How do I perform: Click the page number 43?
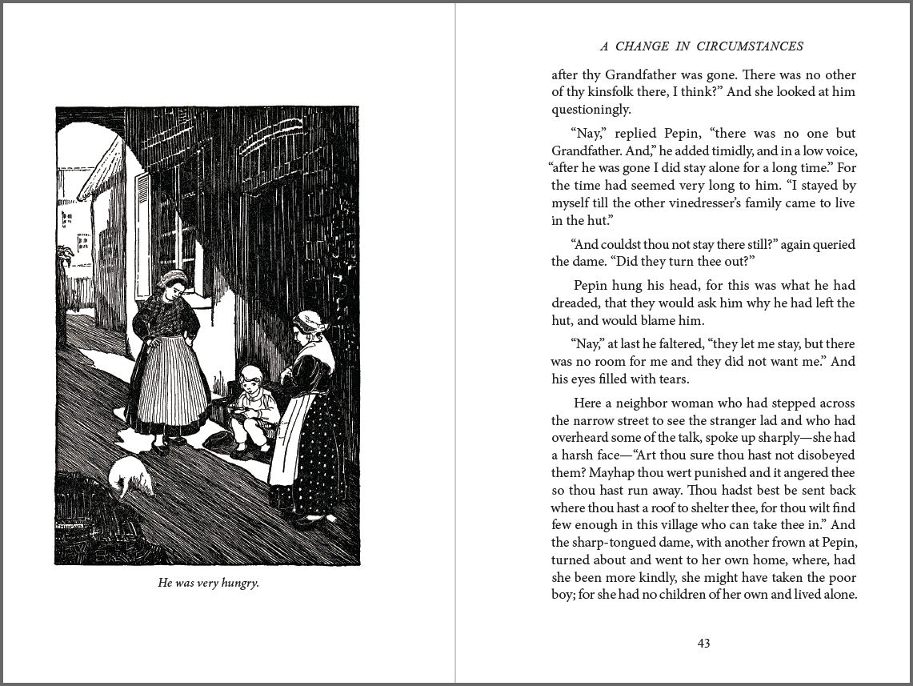pyautogui.click(x=704, y=643)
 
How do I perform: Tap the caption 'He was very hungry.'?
pyautogui.click(x=208, y=583)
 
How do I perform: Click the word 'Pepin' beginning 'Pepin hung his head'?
pyautogui.click(x=592, y=285)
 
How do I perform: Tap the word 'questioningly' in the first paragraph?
pyautogui.click(x=591, y=110)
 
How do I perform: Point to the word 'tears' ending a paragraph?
pyautogui.click(x=671, y=379)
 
